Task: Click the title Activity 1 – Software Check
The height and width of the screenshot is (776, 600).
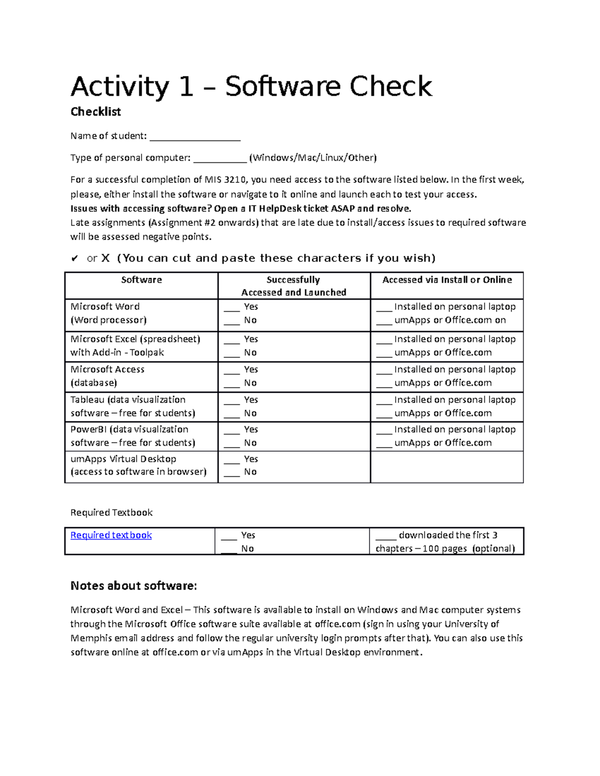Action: (251, 86)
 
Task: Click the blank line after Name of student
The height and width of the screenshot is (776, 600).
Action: (195, 137)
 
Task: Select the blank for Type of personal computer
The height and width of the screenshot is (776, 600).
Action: (220, 159)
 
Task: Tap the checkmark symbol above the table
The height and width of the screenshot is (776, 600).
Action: (74, 258)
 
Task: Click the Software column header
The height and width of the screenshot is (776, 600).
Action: (141, 280)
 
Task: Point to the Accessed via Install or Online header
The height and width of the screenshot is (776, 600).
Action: (447, 280)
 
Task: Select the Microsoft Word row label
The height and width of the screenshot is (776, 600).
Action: (105, 307)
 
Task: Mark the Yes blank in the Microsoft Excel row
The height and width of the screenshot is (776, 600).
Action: (231, 340)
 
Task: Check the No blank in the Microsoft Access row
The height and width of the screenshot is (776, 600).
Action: (231, 384)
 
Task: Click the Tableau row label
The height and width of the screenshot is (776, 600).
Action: (128, 400)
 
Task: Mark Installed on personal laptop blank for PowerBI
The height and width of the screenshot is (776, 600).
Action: (384, 431)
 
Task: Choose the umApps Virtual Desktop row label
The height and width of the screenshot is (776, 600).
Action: (123, 459)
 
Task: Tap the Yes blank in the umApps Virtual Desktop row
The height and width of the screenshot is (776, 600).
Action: (231, 460)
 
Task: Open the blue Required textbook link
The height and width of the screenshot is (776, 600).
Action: (111, 535)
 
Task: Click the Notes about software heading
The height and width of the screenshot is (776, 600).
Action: (134, 586)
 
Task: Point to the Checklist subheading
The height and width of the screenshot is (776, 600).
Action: (95, 112)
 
